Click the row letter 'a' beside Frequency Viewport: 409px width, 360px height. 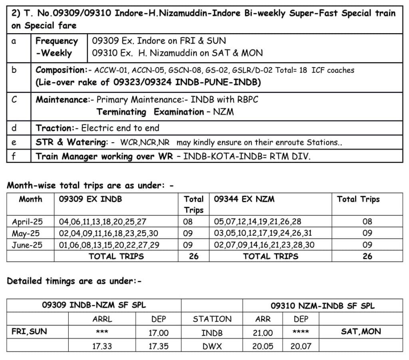(x=14, y=41)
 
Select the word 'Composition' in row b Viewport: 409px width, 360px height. (x=60, y=70)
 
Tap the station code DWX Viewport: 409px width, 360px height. (x=212, y=346)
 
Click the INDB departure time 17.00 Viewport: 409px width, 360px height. (x=159, y=332)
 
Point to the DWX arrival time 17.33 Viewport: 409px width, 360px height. (x=102, y=346)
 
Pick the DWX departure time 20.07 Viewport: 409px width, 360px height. (x=301, y=346)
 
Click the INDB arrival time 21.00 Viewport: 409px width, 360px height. (x=263, y=332)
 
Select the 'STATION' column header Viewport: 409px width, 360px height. (x=212, y=319)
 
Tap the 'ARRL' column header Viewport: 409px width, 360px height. (x=102, y=319)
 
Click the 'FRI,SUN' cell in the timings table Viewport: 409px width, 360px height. (x=29, y=331)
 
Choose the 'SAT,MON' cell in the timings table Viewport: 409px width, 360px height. (x=361, y=331)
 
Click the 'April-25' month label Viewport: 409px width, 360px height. (x=27, y=222)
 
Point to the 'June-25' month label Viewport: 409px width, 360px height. (x=27, y=245)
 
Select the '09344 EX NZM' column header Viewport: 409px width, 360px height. (x=244, y=199)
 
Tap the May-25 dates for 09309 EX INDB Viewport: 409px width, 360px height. (x=108, y=233)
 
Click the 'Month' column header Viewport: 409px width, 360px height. (x=30, y=199)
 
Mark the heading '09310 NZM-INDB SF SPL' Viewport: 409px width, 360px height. (x=323, y=306)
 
